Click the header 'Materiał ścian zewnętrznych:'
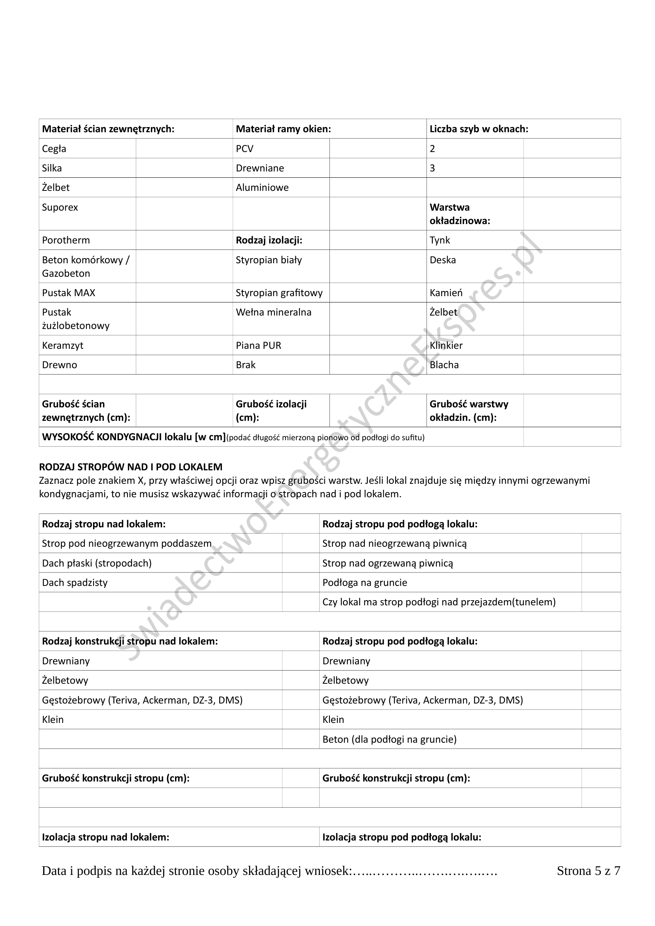point(108,129)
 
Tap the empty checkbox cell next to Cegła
point(184,148)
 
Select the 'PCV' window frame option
point(244,149)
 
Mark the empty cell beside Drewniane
point(377,168)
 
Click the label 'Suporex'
point(60,207)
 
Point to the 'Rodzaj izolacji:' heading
point(269,240)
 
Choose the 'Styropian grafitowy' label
point(279,293)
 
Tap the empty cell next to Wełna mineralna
point(377,319)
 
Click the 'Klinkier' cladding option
point(446,346)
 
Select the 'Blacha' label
point(444,365)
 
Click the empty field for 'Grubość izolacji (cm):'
point(377,411)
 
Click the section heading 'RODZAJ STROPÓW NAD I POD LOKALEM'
point(131,467)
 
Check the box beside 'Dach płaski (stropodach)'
point(301,563)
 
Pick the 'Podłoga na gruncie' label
point(365,583)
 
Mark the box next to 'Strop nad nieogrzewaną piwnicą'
point(601,543)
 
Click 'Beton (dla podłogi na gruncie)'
point(389,739)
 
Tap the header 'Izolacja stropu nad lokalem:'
point(106,837)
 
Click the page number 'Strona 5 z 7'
point(588,871)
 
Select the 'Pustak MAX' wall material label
point(69,293)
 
